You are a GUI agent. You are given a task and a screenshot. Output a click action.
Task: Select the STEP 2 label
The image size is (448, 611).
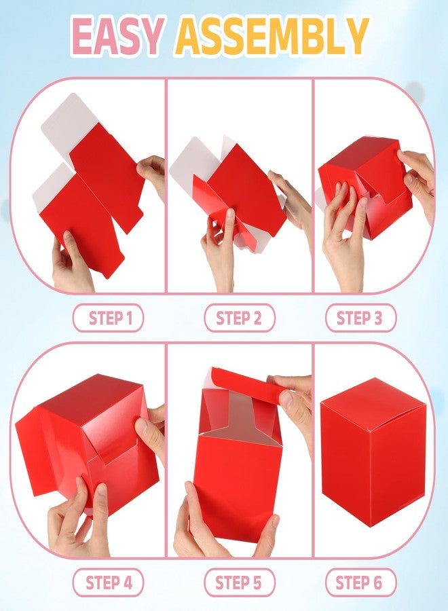(239, 318)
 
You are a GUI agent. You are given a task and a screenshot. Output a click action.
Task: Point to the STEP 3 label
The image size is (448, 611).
(360, 318)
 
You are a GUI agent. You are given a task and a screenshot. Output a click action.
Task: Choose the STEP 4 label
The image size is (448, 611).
(109, 583)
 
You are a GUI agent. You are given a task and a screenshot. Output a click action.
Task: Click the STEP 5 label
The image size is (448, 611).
(238, 583)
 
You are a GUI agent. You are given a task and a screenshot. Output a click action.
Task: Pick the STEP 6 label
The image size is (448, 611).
(359, 583)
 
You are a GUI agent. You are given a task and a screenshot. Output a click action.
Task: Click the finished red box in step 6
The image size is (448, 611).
(373, 452)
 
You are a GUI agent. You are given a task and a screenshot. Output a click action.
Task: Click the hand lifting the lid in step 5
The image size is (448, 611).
(293, 409)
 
